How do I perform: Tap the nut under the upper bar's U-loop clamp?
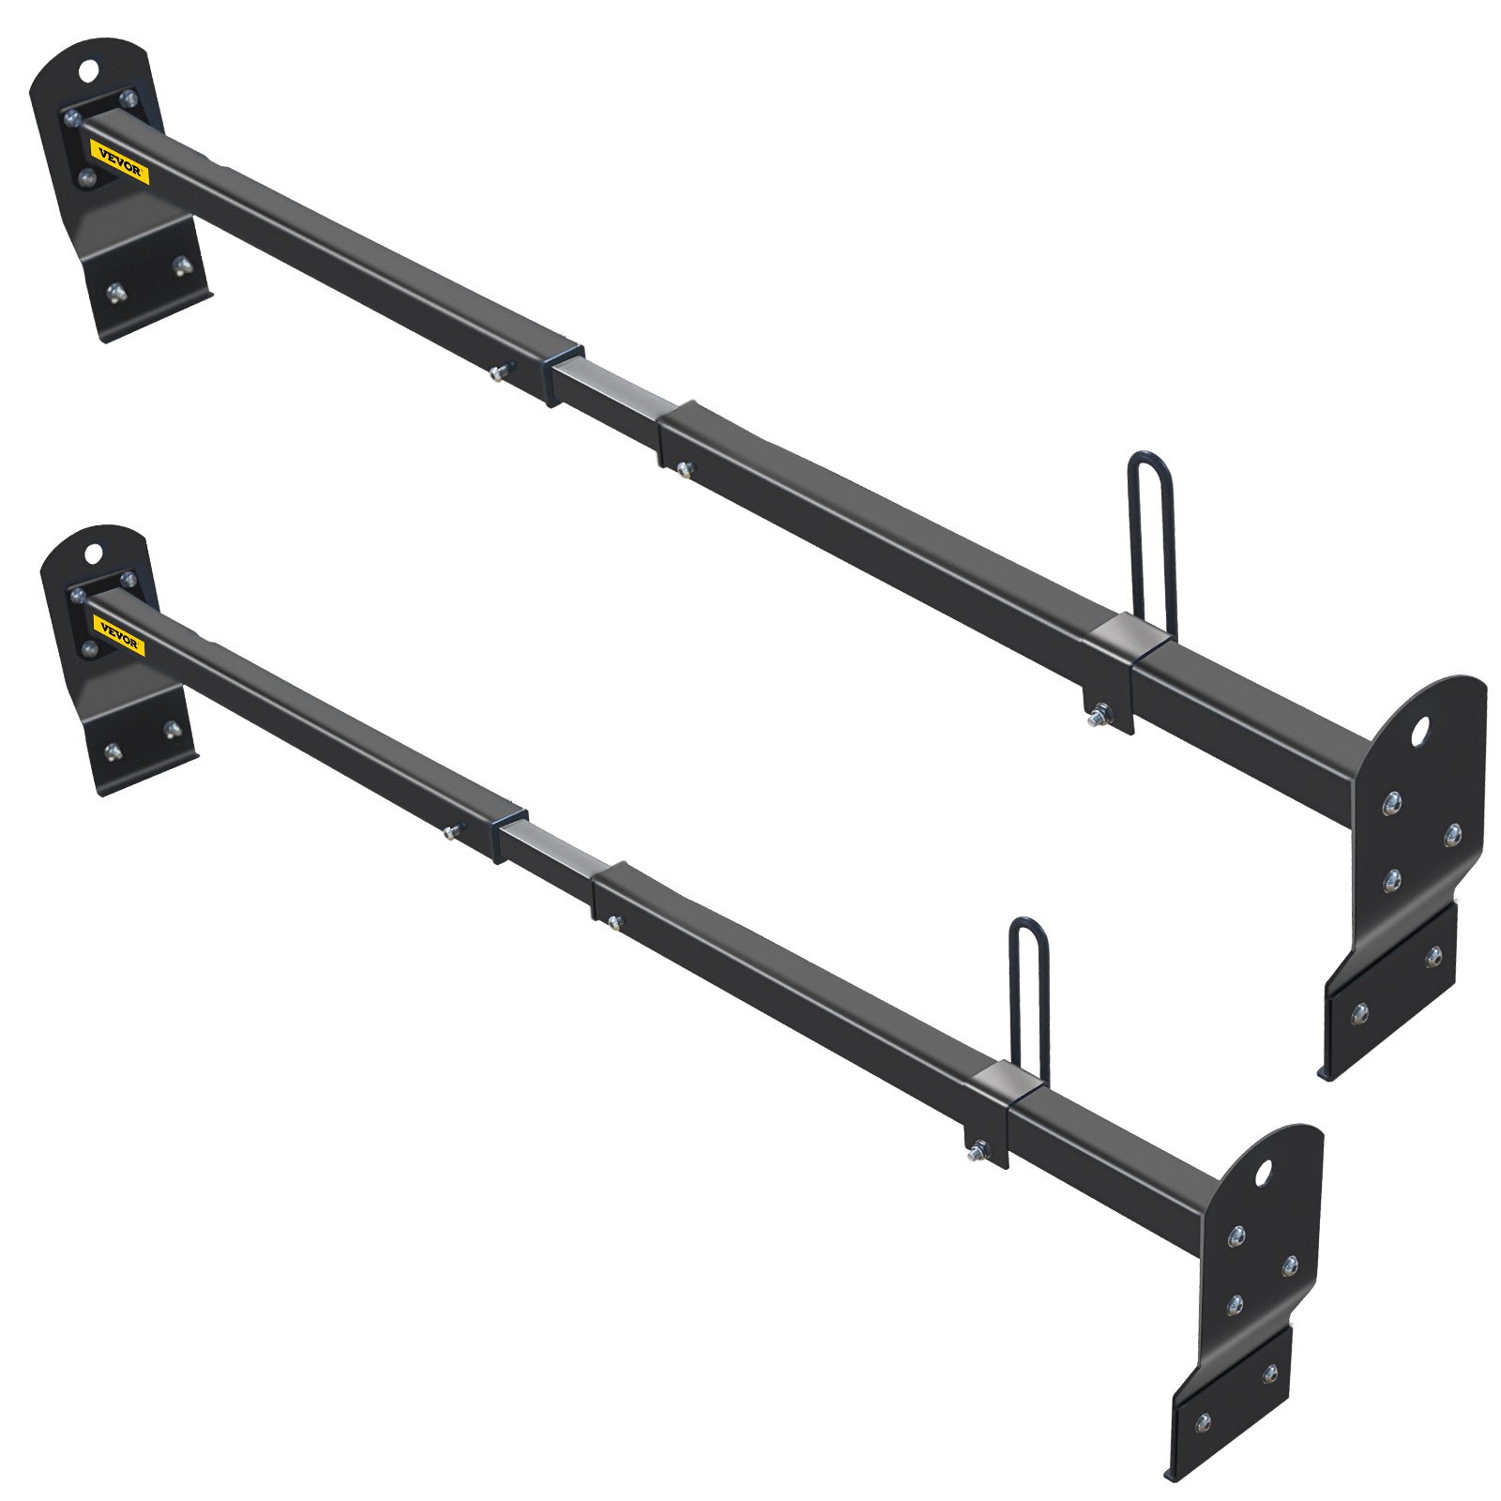click(1095, 720)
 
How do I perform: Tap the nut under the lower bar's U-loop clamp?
click(978, 1149)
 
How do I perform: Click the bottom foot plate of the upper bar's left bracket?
click(145, 281)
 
